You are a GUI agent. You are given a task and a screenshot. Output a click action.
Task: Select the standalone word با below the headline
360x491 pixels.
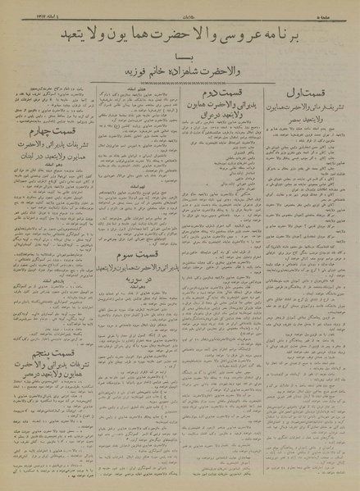(180, 57)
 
